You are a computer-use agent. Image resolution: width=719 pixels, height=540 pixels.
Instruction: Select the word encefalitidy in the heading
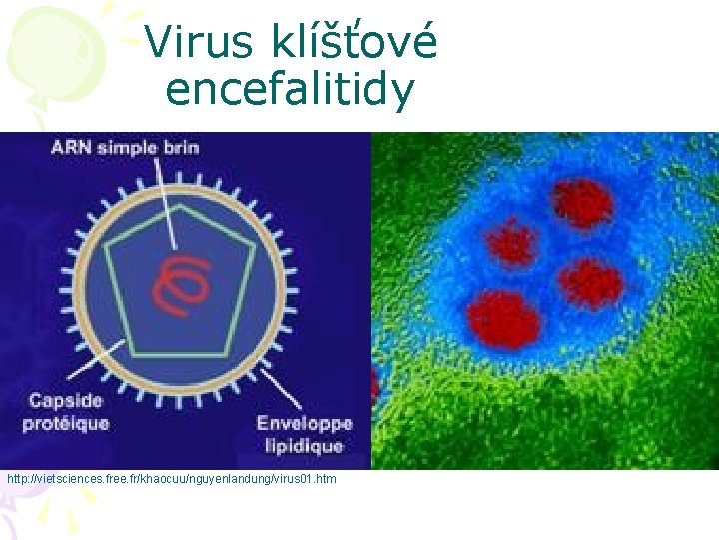pyautogui.click(x=290, y=90)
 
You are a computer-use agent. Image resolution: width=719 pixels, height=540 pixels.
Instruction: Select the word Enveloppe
pyautogui.click(x=300, y=423)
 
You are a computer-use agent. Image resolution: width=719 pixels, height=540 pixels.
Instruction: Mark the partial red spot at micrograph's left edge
pyautogui.click(x=375, y=386)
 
